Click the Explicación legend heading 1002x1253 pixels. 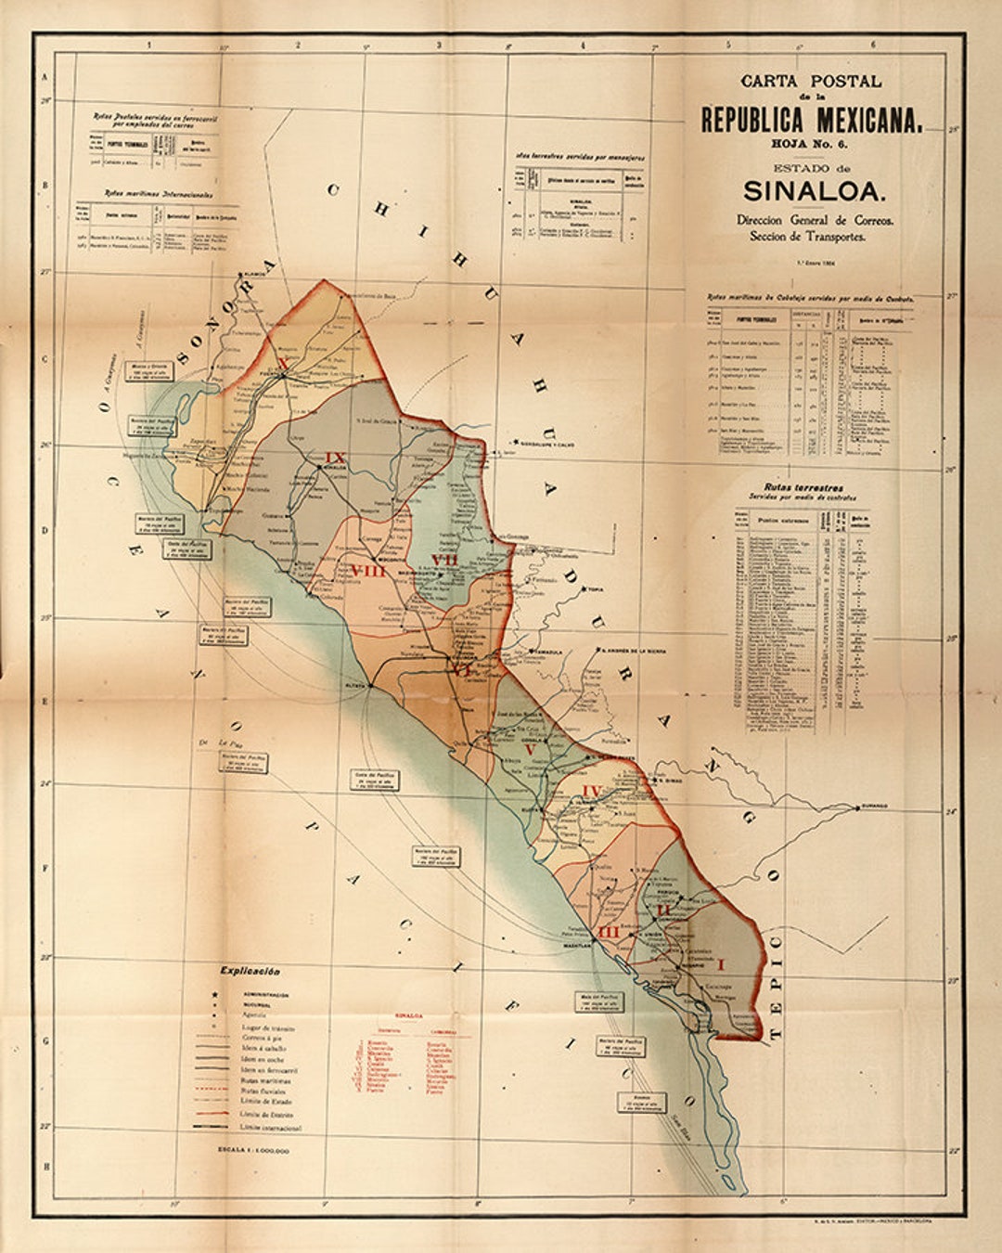point(250,971)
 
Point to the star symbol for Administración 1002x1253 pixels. point(215,995)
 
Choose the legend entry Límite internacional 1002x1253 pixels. point(270,1128)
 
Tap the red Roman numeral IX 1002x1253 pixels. point(335,458)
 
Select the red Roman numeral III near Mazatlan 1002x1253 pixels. point(609,932)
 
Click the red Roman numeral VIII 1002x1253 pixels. point(367,571)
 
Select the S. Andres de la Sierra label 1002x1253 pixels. point(635,651)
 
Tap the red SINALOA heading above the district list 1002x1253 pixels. point(409,1015)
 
